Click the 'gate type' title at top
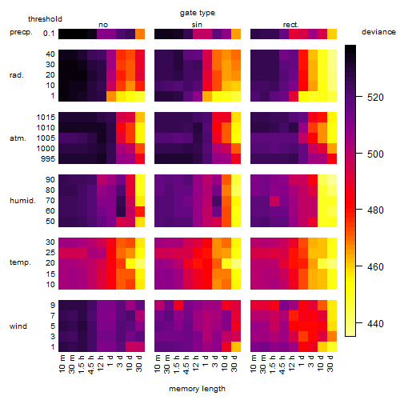point(198,13)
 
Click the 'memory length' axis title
point(197,389)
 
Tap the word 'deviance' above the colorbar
point(378,32)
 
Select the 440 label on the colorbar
point(375,324)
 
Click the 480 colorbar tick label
point(375,210)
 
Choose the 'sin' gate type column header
point(197,25)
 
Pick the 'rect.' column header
point(291,25)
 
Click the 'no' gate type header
point(103,25)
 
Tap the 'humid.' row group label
point(22,201)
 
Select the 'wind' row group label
point(18,326)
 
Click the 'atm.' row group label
point(18,138)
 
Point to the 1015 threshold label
point(46,118)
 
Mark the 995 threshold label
point(48,159)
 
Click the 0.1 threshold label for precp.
point(49,34)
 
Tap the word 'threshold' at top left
point(45,19)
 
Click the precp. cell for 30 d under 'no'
point(140,34)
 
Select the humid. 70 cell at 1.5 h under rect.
point(274,201)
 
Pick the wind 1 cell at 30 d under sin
point(236,346)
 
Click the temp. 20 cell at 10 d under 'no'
point(130,263)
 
